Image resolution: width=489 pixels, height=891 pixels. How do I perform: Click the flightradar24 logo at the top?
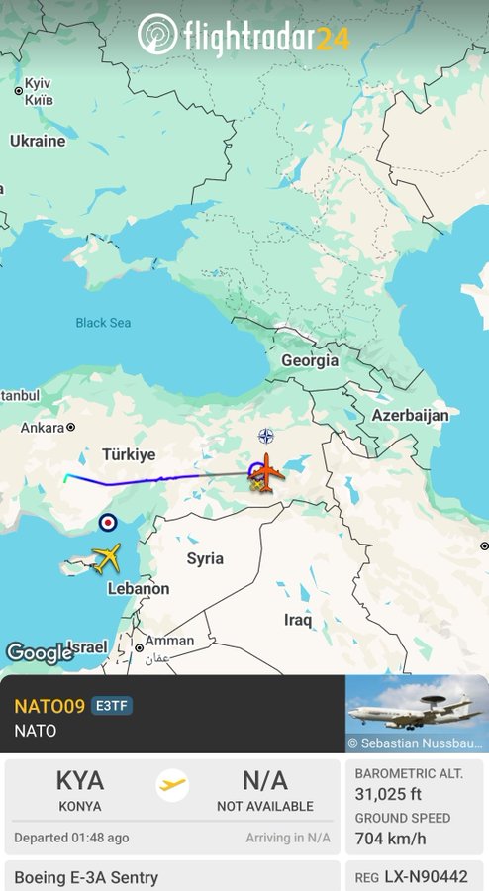coord(244,37)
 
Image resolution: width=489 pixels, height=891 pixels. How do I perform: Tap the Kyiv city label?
coord(37,92)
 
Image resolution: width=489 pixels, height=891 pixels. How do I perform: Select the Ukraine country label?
coord(38,141)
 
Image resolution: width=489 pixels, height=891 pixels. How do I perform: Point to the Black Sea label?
coord(103,323)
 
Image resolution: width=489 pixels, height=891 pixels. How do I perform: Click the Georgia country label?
coord(309,361)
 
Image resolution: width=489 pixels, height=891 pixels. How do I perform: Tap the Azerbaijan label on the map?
coord(410,416)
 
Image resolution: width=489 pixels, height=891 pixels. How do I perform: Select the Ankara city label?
coord(43,428)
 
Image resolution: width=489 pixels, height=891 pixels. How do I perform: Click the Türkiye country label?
coord(129,454)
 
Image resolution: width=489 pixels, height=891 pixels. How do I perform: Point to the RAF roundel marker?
coord(108,522)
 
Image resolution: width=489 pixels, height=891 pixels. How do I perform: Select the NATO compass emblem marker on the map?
coord(265,436)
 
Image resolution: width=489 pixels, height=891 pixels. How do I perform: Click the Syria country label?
coord(205,558)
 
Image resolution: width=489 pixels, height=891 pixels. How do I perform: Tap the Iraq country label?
coord(298,621)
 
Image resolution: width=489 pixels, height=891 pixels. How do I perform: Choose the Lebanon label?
coord(139,588)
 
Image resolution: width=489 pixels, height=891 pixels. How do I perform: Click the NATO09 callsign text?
coord(49,706)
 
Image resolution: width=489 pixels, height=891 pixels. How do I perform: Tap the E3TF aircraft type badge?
coord(112,706)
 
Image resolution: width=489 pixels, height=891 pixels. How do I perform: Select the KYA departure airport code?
coord(80,781)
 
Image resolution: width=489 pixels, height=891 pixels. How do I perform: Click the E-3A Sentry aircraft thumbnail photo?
coord(416,714)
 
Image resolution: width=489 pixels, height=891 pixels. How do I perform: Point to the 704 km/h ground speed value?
coord(392,838)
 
